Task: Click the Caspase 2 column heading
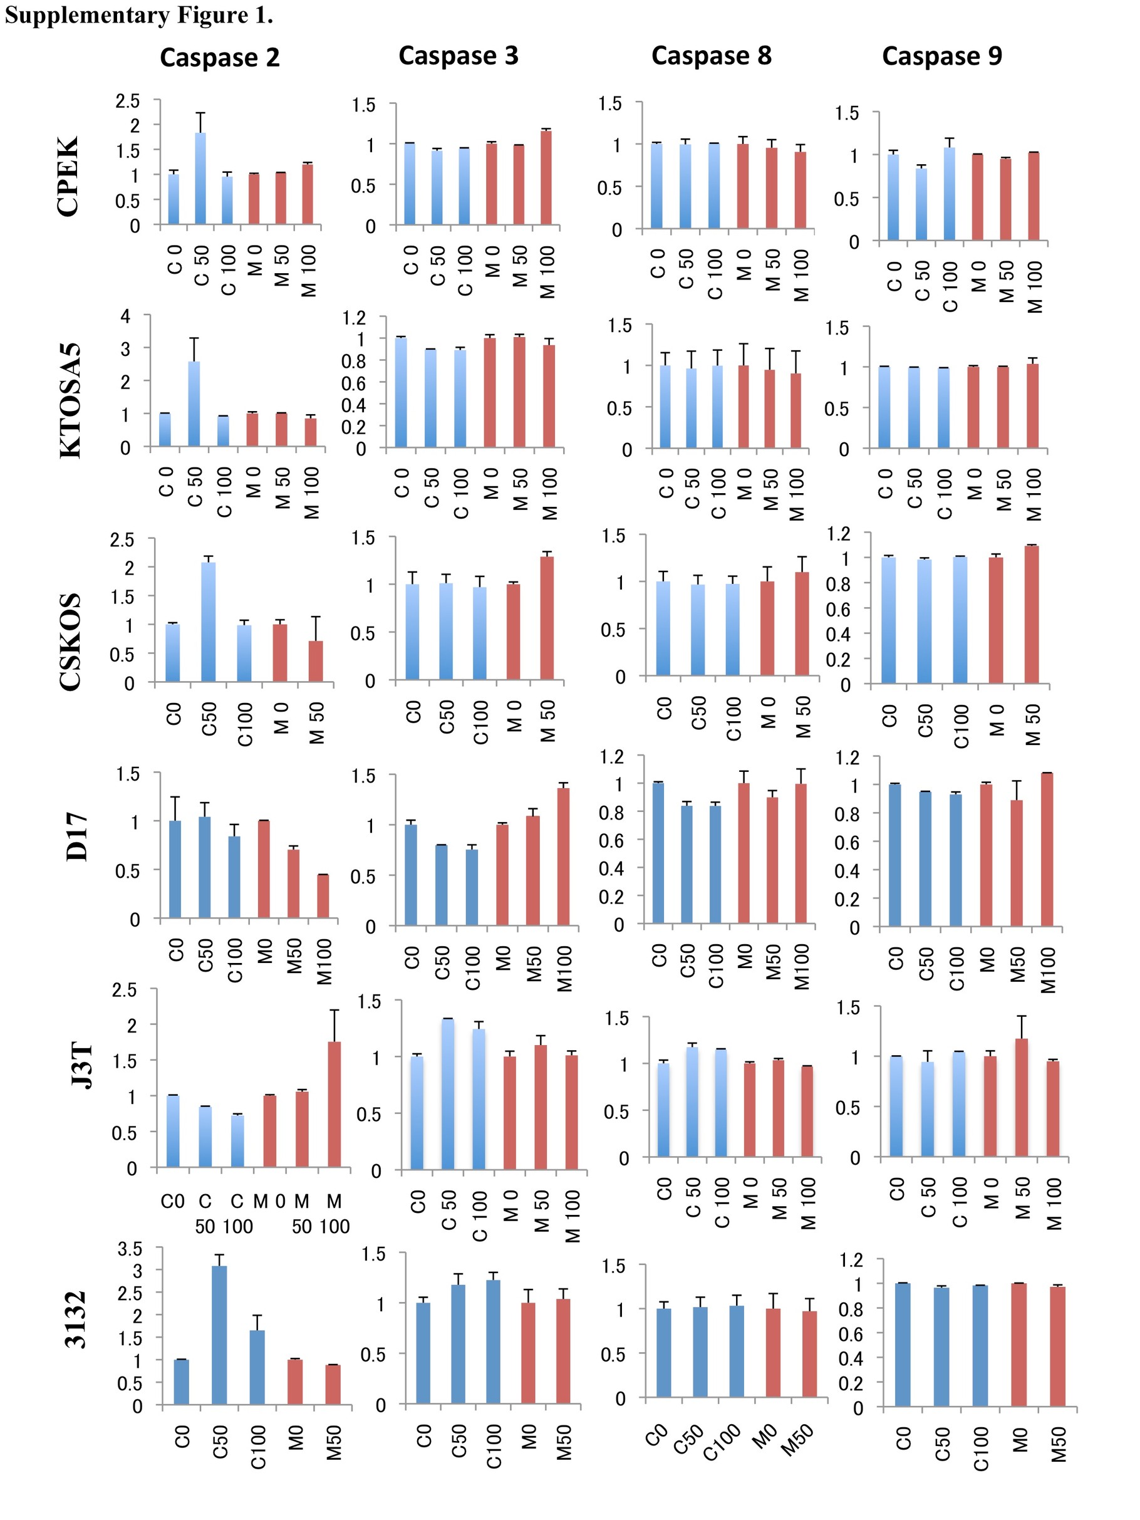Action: (x=220, y=58)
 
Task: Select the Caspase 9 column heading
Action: (x=941, y=56)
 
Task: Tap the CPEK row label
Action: (x=70, y=177)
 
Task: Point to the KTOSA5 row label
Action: (x=71, y=400)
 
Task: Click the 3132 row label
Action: (x=75, y=1320)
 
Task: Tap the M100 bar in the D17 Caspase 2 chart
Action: (x=323, y=896)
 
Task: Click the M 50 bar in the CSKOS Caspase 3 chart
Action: (x=547, y=618)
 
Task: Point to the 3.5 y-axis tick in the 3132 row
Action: (x=130, y=1249)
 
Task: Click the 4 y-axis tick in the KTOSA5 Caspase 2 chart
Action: (x=125, y=316)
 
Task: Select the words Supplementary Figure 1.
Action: (x=139, y=15)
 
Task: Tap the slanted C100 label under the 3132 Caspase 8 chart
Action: (x=723, y=1442)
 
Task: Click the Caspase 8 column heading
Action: (x=711, y=56)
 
